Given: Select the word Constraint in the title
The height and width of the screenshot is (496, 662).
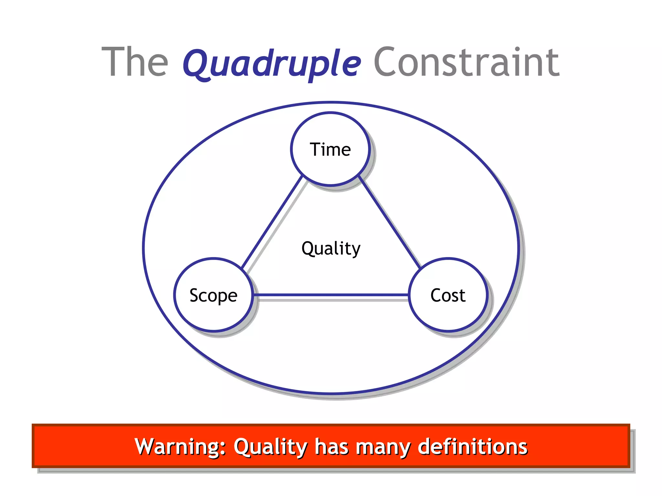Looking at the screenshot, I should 466,62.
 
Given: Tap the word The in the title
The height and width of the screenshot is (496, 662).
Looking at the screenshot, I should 135,62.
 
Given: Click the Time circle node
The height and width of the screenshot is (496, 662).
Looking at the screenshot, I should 330,149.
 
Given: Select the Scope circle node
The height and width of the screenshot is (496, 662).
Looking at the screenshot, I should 213,295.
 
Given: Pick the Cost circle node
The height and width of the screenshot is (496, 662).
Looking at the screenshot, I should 448,295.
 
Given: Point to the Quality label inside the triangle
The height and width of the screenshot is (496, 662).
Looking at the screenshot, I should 331,249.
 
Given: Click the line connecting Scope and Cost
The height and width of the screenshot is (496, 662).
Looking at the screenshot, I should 330,294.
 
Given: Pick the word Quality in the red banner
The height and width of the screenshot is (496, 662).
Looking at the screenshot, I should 270,447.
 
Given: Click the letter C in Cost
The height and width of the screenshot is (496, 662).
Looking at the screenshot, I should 436,295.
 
